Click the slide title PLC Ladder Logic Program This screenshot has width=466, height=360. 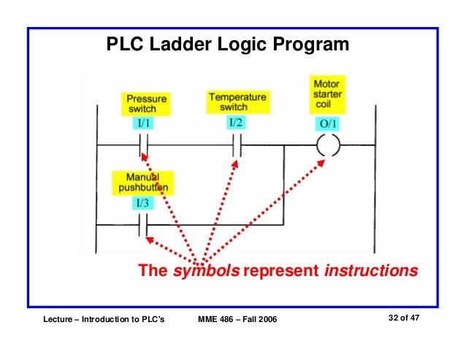[228, 46]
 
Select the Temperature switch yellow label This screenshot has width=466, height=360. [237, 102]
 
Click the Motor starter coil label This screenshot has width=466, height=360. [326, 96]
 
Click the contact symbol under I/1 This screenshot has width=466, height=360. [144, 145]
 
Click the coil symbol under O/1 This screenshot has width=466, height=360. [329, 145]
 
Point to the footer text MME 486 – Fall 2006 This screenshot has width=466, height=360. [238, 321]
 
